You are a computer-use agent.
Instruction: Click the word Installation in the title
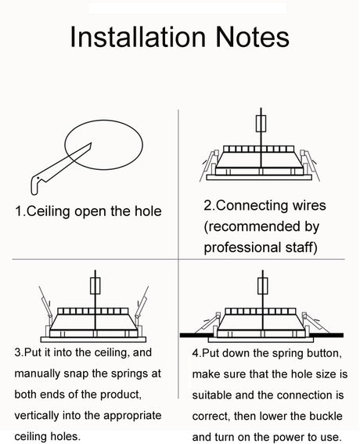tap(138, 37)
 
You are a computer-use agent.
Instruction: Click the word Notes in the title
tap(253, 37)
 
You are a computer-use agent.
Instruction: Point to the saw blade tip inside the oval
tap(91, 143)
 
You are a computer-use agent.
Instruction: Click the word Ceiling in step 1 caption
tap(48, 211)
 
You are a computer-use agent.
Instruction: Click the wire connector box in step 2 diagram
tap(261, 124)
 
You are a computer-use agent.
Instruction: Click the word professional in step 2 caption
tap(242, 247)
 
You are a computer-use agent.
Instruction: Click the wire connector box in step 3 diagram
tap(95, 286)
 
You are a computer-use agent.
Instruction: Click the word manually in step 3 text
tap(37, 374)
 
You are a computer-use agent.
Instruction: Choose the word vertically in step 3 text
tap(37, 416)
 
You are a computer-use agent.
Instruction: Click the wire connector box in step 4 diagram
tap(263, 286)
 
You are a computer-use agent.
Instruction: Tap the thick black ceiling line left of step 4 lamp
tap(199, 335)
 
